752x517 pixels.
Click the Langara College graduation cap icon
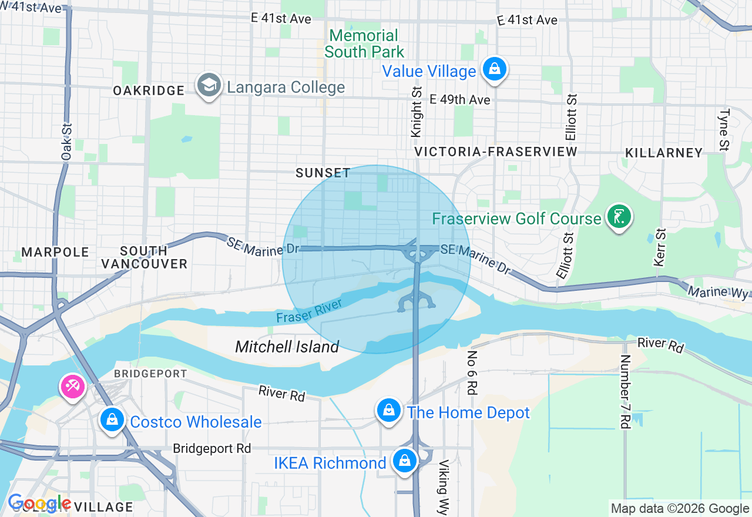[x=209, y=86]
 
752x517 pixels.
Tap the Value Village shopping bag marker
[x=495, y=70]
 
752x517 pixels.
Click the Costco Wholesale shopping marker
[x=111, y=420]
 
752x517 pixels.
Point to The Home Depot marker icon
[x=389, y=411]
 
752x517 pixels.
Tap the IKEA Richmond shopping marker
[x=405, y=461]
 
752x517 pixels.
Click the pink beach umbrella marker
[x=73, y=387]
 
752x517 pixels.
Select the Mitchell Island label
[x=287, y=347]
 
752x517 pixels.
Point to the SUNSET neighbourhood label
[x=323, y=173]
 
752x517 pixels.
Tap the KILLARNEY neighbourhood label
[x=664, y=153]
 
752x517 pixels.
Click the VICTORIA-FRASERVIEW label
[x=496, y=152]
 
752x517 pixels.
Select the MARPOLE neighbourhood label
[x=55, y=252]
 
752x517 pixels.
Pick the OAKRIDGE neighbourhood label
[x=149, y=90]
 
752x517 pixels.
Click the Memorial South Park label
[x=364, y=43]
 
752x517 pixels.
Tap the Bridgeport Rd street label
[x=212, y=448]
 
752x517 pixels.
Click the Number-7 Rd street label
[x=625, y=391]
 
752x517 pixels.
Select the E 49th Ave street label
[x=460, y=100]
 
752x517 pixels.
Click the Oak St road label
[x=66, y=142]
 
